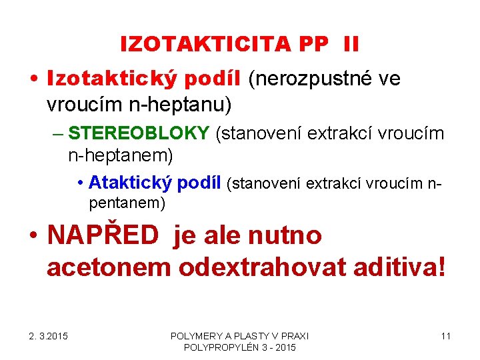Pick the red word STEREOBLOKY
tap(139, 133)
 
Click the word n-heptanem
tap(120, 156)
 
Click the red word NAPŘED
tap(103, 235)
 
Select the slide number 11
tap(445, 335)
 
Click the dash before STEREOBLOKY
tap(57, 134)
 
